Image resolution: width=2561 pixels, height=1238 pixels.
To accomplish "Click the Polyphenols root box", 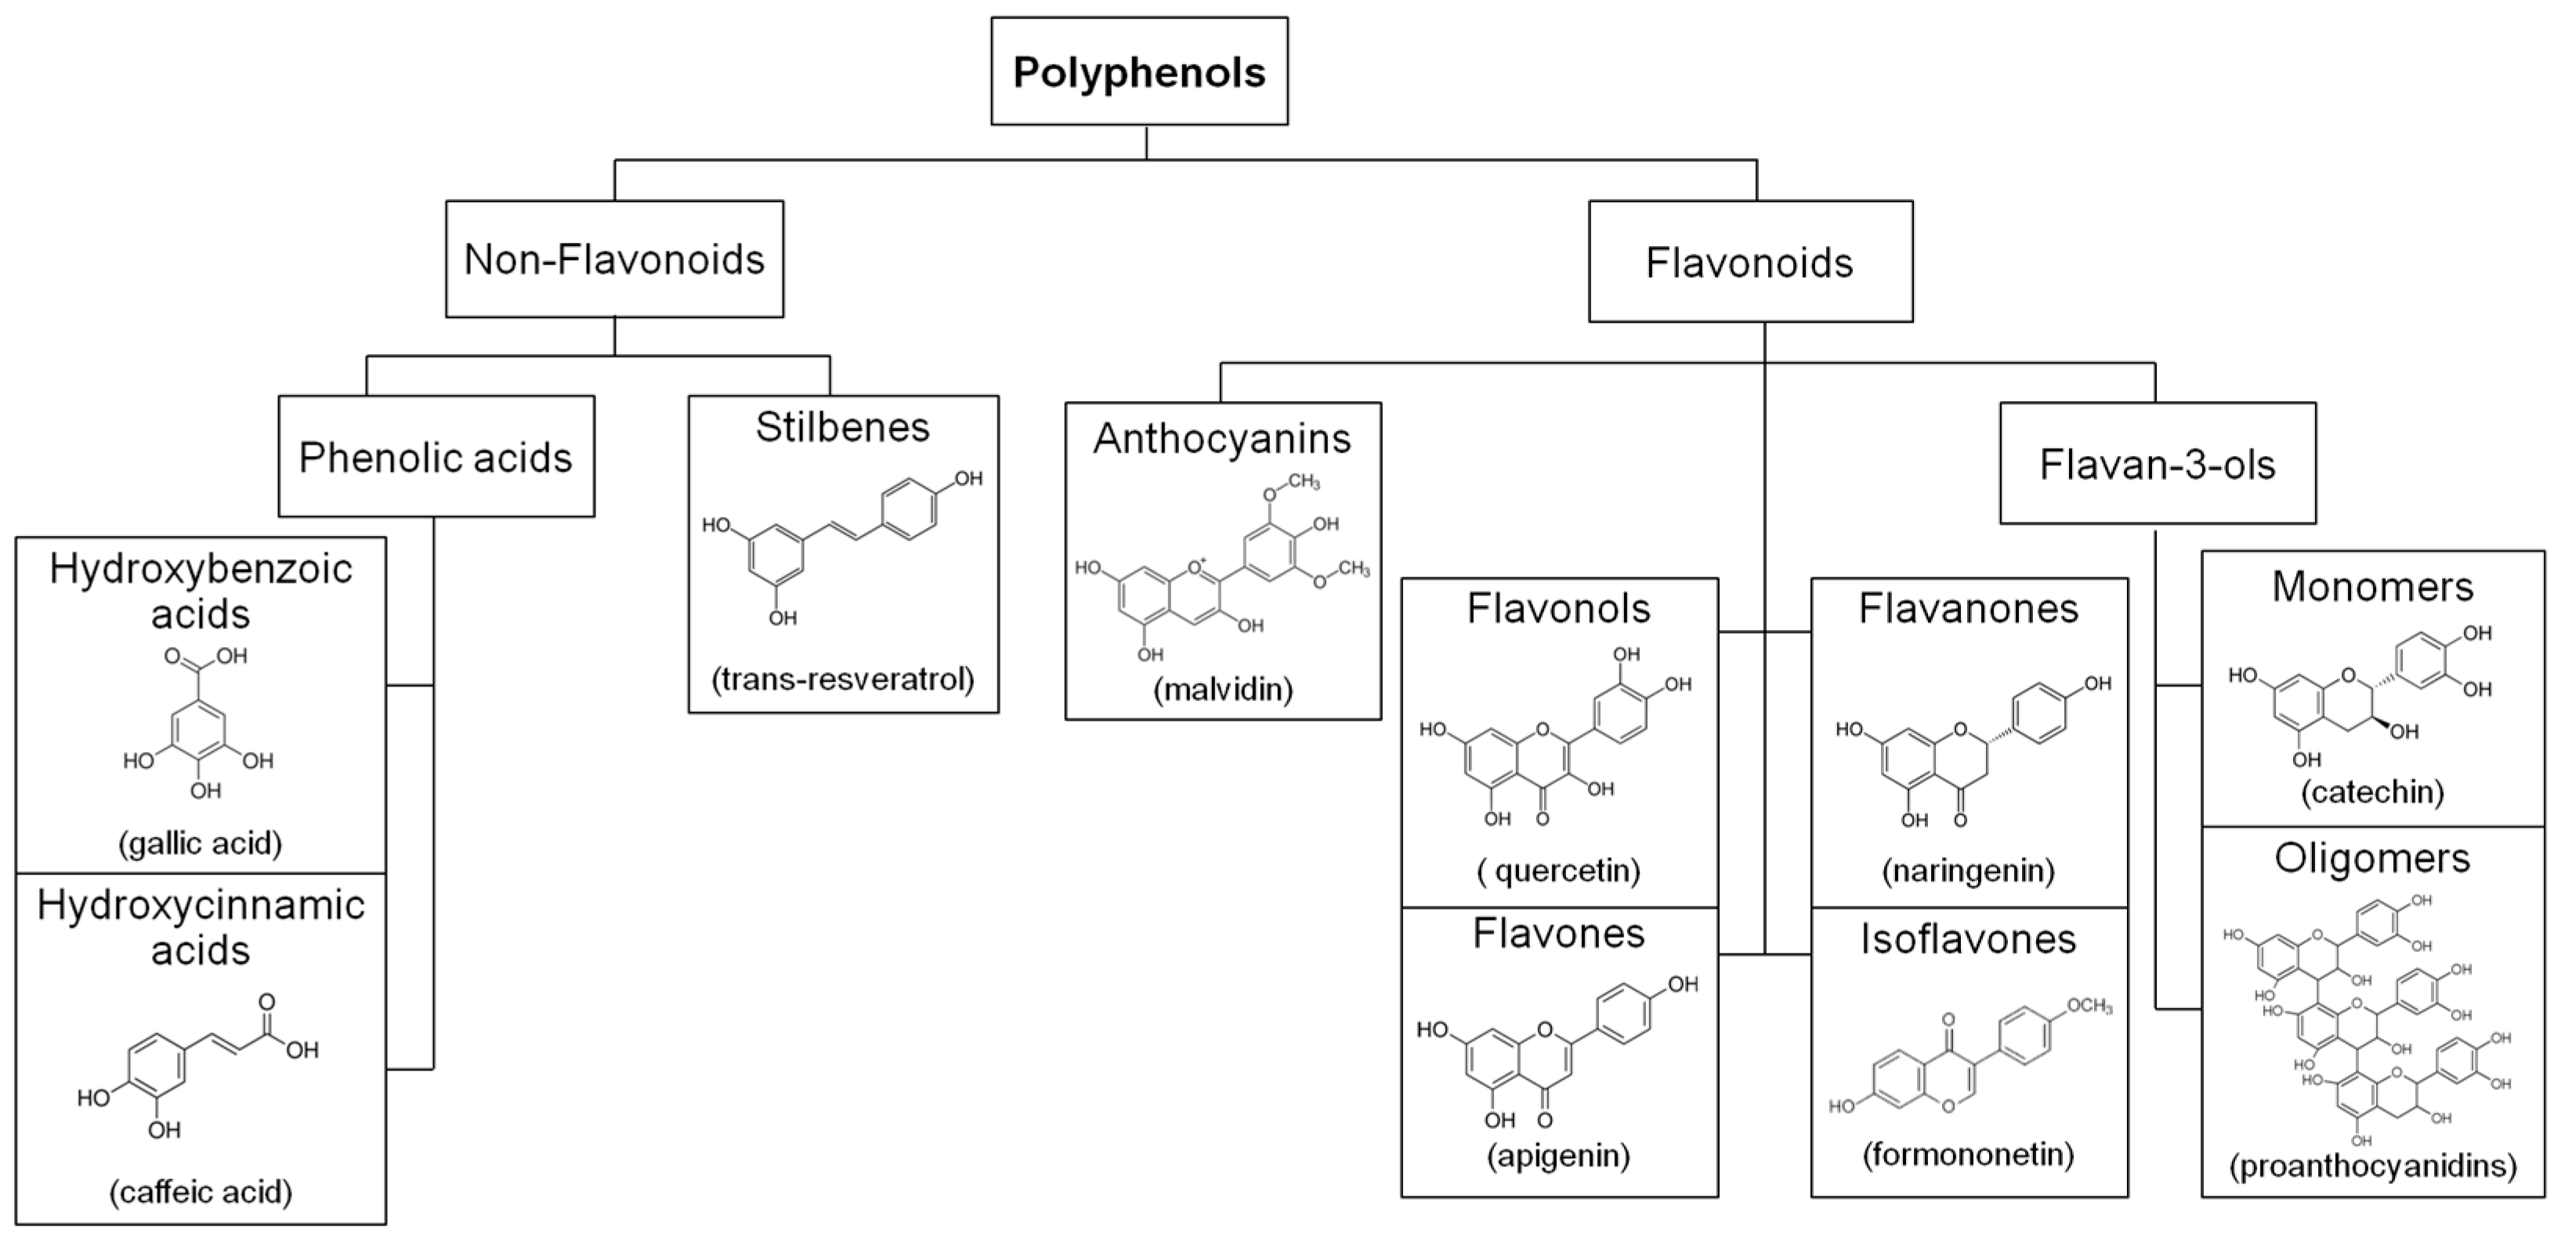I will click(1139, 71).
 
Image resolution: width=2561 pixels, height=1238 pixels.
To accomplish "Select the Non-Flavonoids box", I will click(614, 259).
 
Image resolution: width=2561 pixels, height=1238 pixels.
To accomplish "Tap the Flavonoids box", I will click(1749, 262).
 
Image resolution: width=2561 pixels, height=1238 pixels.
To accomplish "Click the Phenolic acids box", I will click(436, 458).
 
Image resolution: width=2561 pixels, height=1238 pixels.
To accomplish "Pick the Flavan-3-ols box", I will click(2158, 465).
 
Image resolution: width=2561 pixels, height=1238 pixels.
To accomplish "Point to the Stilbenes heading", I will click(842, 428).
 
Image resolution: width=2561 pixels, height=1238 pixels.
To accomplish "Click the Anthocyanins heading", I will click(1222, 439).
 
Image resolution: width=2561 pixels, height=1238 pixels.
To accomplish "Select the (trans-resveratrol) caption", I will click(843, 679).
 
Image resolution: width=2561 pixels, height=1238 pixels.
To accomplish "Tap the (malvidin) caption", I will click(1223, 689).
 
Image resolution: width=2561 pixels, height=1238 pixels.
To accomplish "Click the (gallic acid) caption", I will click(201, 843).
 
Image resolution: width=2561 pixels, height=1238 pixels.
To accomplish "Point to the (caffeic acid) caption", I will click(201, 1191).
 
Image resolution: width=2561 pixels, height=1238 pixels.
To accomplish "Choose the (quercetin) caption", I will click(1559, 871).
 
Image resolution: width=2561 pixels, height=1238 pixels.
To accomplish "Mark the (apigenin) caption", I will click(1559, 1156).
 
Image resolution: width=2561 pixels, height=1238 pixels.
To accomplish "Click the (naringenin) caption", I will click(1969, 871).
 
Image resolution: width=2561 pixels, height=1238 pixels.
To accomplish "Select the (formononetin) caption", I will click(1969, 1154).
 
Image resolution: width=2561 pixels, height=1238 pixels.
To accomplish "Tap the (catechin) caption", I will click(2372, 792).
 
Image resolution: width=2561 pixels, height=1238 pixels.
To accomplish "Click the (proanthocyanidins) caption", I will click(2372, 1165).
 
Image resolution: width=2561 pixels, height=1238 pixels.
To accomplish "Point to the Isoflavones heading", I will click(1969, 939).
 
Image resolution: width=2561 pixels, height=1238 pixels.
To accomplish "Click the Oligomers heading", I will click(2372, 859).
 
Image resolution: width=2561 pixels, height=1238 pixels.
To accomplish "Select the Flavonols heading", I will click(1559, 609).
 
